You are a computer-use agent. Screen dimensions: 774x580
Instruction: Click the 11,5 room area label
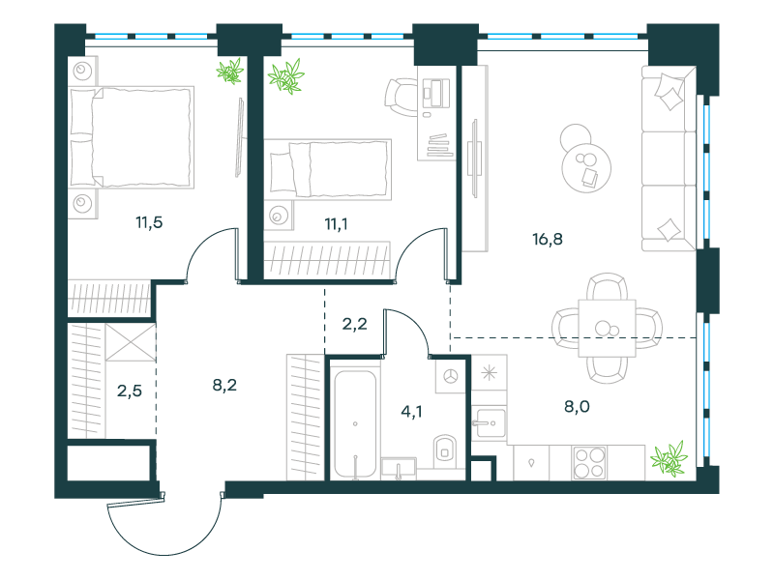(x=149, y=222)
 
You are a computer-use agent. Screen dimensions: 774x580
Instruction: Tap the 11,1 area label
(x=336, y=224)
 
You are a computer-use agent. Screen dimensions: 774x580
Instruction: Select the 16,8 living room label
(x=548, y=239)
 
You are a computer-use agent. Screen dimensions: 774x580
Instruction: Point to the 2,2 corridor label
(x=354, y=324)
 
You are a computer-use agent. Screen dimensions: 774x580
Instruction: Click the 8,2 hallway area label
(x=224, y=385)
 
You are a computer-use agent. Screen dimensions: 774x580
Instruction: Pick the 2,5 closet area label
(x=130, y=391)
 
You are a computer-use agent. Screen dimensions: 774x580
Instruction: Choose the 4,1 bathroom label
(x=411, y=412)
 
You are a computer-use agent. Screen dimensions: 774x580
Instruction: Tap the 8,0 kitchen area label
(x=577, y=407)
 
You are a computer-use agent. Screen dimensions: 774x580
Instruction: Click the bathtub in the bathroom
(x=355, y=423)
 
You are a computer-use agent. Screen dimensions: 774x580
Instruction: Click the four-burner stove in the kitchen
(x=589, y=463)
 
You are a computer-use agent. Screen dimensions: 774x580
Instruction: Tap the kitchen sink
(x=489, y=422)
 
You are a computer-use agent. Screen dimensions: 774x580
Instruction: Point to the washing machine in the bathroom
(x=450, y=376)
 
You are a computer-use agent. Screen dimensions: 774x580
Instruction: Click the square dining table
(x=608, y=328)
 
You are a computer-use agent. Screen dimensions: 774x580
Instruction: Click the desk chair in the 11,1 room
(x=401, y=97)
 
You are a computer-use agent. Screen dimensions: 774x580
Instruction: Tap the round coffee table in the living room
(x=586, y=167)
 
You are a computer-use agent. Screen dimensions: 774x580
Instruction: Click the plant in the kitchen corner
(x=669, y=458)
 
